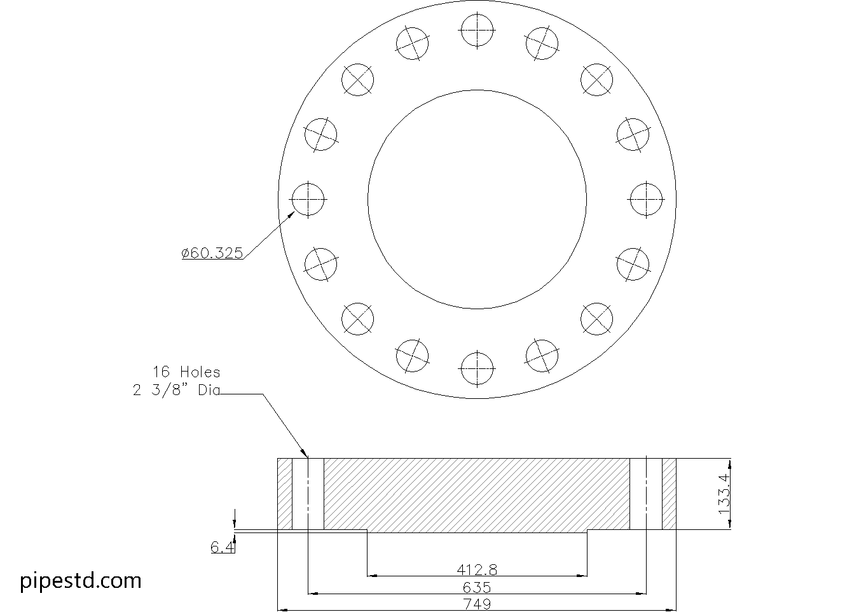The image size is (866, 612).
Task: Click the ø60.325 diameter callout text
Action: click(x=212, y=253)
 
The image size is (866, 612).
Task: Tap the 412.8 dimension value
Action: click(x=477, y=569)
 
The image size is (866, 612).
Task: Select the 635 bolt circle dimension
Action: click(x=477, y=587)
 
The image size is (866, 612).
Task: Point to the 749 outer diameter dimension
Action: click(x=477, y=604)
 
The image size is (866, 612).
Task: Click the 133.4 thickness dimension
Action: click(x=724, y=494)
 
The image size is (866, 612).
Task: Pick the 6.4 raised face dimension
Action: click(x=223, y=547)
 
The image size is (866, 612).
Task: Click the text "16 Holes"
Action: click(x=186, y=372)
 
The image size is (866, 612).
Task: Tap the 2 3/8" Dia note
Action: click(x=176, y=390)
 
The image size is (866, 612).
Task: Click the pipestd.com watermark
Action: click(x=81, y=581)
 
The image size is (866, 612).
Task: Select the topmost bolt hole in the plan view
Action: click(x=477, y=30)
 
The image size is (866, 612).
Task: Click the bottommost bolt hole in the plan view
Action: click(x=477, y=369)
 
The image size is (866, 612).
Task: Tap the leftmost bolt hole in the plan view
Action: click(x=308, y=200)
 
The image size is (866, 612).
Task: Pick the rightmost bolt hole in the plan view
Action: click(x=647, y=200)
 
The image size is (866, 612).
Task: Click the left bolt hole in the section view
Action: click(x=308, y=494)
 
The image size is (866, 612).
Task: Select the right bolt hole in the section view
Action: click(x=646, y=494)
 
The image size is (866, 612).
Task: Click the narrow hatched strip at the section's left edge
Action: click(x=285, y=494)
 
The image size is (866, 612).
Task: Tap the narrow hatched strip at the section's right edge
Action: click(x=670, y=494)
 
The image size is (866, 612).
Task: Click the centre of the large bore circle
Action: click(x=477, y=200)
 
